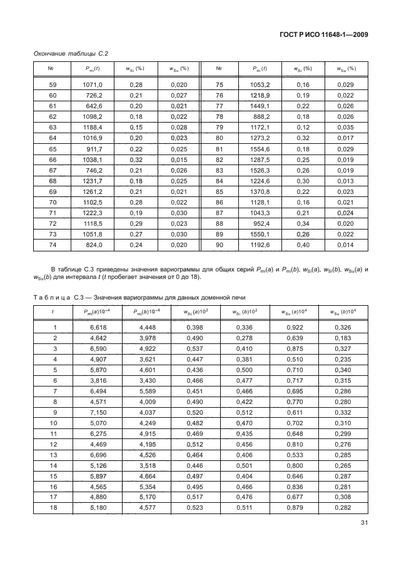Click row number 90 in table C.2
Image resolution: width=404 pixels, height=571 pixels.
pyautogui.click(x=220, y=246)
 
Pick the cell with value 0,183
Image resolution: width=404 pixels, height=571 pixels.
pyautogui.click(x=340, y=338)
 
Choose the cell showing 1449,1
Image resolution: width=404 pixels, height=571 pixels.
pyautogui.click(x=260, y=106)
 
